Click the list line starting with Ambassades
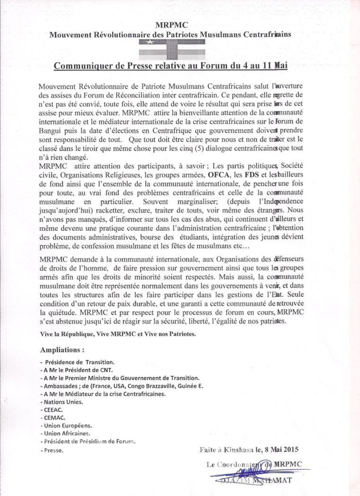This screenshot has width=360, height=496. coord(122,386)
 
